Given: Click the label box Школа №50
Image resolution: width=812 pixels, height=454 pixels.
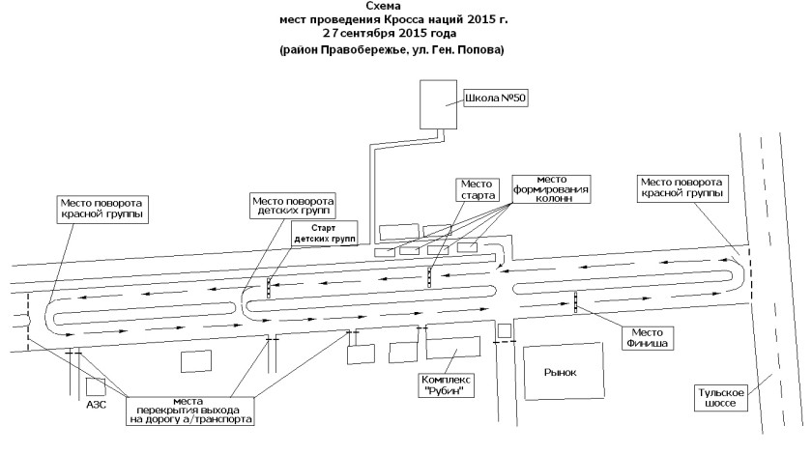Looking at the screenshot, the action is [x=496, y=99].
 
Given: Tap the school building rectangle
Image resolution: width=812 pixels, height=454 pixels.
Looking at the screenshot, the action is [x=438, y=104].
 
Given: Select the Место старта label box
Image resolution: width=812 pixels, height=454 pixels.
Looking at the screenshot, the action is [x=477, y=189].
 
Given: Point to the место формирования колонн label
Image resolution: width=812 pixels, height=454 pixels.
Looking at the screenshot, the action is [x=551, y=189].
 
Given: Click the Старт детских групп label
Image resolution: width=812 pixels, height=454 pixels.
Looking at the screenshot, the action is [x=325, y=234].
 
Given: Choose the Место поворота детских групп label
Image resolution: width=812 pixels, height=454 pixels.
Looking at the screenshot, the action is [x=293, y=207].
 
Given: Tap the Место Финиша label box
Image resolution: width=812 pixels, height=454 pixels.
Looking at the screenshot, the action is [x=647, y=338].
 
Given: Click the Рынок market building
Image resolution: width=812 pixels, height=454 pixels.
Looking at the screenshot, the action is [x=564, y=371].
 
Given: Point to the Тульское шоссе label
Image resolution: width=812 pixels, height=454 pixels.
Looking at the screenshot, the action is [x=720, y=398].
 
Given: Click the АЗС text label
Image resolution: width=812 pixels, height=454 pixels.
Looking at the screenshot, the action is [x=96, y=405].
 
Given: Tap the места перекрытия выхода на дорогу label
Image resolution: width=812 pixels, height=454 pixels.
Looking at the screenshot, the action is [x=190, y=411].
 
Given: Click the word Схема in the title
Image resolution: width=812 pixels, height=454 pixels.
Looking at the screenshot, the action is [x=383, y=6].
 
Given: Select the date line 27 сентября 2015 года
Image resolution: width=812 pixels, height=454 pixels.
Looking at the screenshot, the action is [x=390, y=34].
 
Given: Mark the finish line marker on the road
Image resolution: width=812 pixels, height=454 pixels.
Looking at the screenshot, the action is [x=575, y=302].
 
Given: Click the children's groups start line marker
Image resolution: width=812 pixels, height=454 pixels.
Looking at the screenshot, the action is [x=269, y=288].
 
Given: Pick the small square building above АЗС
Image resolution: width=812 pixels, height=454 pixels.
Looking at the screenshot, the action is [x=96, y=387].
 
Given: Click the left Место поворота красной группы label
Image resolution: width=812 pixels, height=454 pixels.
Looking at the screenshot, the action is [x=102, y=210].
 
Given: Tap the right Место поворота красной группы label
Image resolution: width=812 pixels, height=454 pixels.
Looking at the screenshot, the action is [x=681, y=188].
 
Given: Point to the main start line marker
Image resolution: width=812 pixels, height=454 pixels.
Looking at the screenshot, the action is [x=429, y=277].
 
